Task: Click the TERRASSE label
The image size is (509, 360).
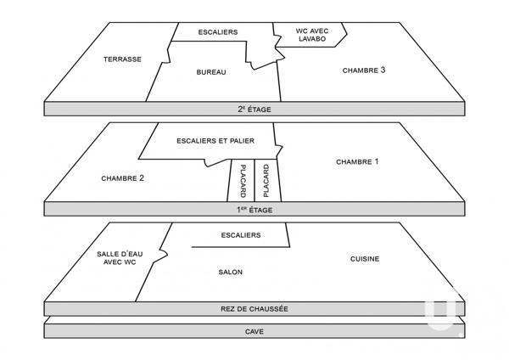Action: pos(122,59)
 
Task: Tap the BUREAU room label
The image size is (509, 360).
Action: pos(210,73)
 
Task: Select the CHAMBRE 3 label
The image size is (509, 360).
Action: pos(364,70)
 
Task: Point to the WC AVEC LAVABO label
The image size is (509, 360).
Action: pos(310,34)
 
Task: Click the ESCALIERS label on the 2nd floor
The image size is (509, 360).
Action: pos(217,32)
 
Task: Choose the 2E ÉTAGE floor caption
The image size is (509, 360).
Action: pos(255,109)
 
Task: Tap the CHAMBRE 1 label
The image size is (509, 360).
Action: pos(357,161)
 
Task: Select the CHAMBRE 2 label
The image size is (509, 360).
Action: pos(122,178)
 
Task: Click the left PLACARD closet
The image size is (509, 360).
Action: pos(243,180)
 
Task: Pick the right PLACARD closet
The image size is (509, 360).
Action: pos(266,180)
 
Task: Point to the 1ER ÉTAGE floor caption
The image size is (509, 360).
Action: pos(255,209)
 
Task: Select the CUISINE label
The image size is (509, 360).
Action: pos(364,259)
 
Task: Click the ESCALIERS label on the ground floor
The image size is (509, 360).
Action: pos(240,235)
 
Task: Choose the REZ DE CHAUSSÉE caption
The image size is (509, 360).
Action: pos(255,308)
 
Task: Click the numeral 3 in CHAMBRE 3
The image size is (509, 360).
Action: pos(383,70)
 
